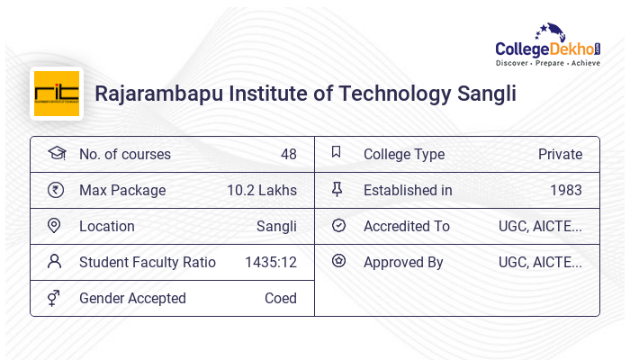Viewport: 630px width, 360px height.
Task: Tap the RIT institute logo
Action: pos(57,94)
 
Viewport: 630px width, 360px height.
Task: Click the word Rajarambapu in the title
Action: pos(154,94)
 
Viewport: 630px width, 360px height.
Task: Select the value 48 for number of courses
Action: pos(288,154)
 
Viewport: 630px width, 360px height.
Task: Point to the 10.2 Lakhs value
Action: pos(262,190)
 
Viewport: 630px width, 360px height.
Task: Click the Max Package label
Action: pos(122,190)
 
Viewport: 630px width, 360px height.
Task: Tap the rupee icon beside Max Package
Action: pos(56,190)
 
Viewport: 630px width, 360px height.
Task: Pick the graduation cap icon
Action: pos(56,154)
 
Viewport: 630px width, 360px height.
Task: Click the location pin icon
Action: pos(56,226)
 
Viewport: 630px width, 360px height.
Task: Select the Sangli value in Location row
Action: pos(276,226)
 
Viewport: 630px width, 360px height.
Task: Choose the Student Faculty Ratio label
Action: pos(148,262)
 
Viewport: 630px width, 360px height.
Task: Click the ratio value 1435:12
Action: pos(271,262)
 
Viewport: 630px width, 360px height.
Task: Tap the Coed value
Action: pos(280,298)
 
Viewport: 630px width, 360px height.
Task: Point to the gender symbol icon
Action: pos(56,298)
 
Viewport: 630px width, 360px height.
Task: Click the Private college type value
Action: pos(560,154)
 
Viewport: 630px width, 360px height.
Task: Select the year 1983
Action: pos(566,190)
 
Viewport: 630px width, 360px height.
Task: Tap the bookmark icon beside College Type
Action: pos(337,153)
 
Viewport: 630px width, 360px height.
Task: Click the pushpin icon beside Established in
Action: pos(337,189)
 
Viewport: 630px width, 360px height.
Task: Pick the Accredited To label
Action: pos(406,226)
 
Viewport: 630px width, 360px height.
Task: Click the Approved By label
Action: pos(403,262)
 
